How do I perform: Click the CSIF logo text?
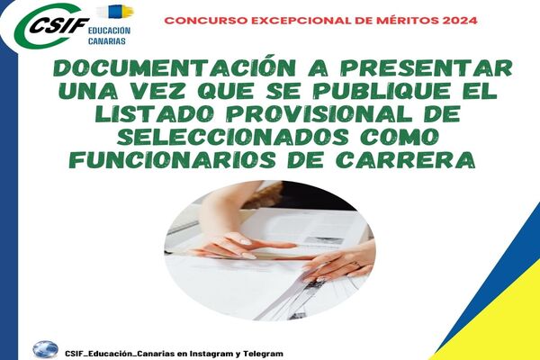(x=58, y=25)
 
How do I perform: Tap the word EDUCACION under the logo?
(x=109, y=31)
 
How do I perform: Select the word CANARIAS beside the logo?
(x=107, y=41)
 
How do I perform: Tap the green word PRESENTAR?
(x=426, y=67)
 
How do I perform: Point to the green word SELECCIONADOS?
(x=233, y=137)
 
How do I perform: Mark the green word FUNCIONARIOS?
(x=175, y=160)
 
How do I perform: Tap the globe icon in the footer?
(x=45, y=349)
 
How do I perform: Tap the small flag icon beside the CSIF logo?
(x=114, y=12)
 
